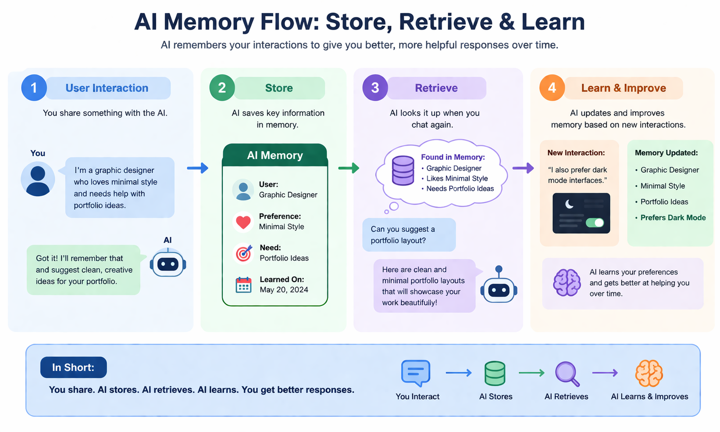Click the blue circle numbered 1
point(34,88)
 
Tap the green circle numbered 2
point(222,88)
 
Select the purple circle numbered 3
point(375,88)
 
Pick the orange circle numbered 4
point(552,88)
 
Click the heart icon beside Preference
point(243,222)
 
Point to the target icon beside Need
point(243,253)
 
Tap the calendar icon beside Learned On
point(243,285)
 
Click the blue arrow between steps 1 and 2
point(198,168)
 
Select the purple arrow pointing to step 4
point(523,168)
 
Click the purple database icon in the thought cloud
point(403,171)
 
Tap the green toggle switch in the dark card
point(595,222)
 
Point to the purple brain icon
point(567,283)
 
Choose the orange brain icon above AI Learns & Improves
point(649,373)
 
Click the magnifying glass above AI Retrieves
point(567,373)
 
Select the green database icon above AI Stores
point(495,373)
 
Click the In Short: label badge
point(73,368)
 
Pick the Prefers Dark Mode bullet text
point(673,218)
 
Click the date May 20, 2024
point(284,290)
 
